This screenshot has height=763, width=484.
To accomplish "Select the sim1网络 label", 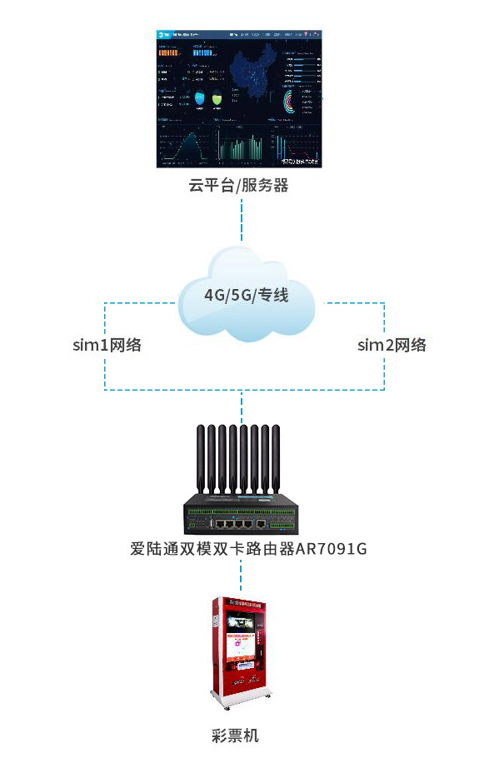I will pos(107,345).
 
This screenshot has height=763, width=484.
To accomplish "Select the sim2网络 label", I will pos(392,345).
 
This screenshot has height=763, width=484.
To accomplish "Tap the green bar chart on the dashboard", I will pos(242,147).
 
